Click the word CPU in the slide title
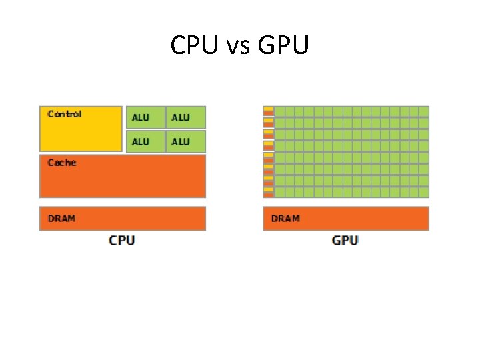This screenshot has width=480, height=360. [193, 46]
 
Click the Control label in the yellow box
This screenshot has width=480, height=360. [65, 114]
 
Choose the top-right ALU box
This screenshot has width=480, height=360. [185, 117]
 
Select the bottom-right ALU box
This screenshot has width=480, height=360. [185, 141]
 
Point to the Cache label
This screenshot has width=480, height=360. [62, 162]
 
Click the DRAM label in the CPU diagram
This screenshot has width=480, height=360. [61, 218]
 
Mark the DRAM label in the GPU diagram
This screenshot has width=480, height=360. [285, 218]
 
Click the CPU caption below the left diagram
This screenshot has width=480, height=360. [122, 240]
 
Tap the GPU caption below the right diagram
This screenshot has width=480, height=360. [345, 240]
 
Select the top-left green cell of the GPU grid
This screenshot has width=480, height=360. [280, 111]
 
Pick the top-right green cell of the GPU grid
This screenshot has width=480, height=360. [424, 111]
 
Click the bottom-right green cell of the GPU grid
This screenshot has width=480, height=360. [424, 193]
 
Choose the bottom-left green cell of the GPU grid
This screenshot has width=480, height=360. [280, 193]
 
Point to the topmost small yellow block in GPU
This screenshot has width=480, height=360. [268, 109]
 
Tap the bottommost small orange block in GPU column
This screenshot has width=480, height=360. [268, 195]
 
